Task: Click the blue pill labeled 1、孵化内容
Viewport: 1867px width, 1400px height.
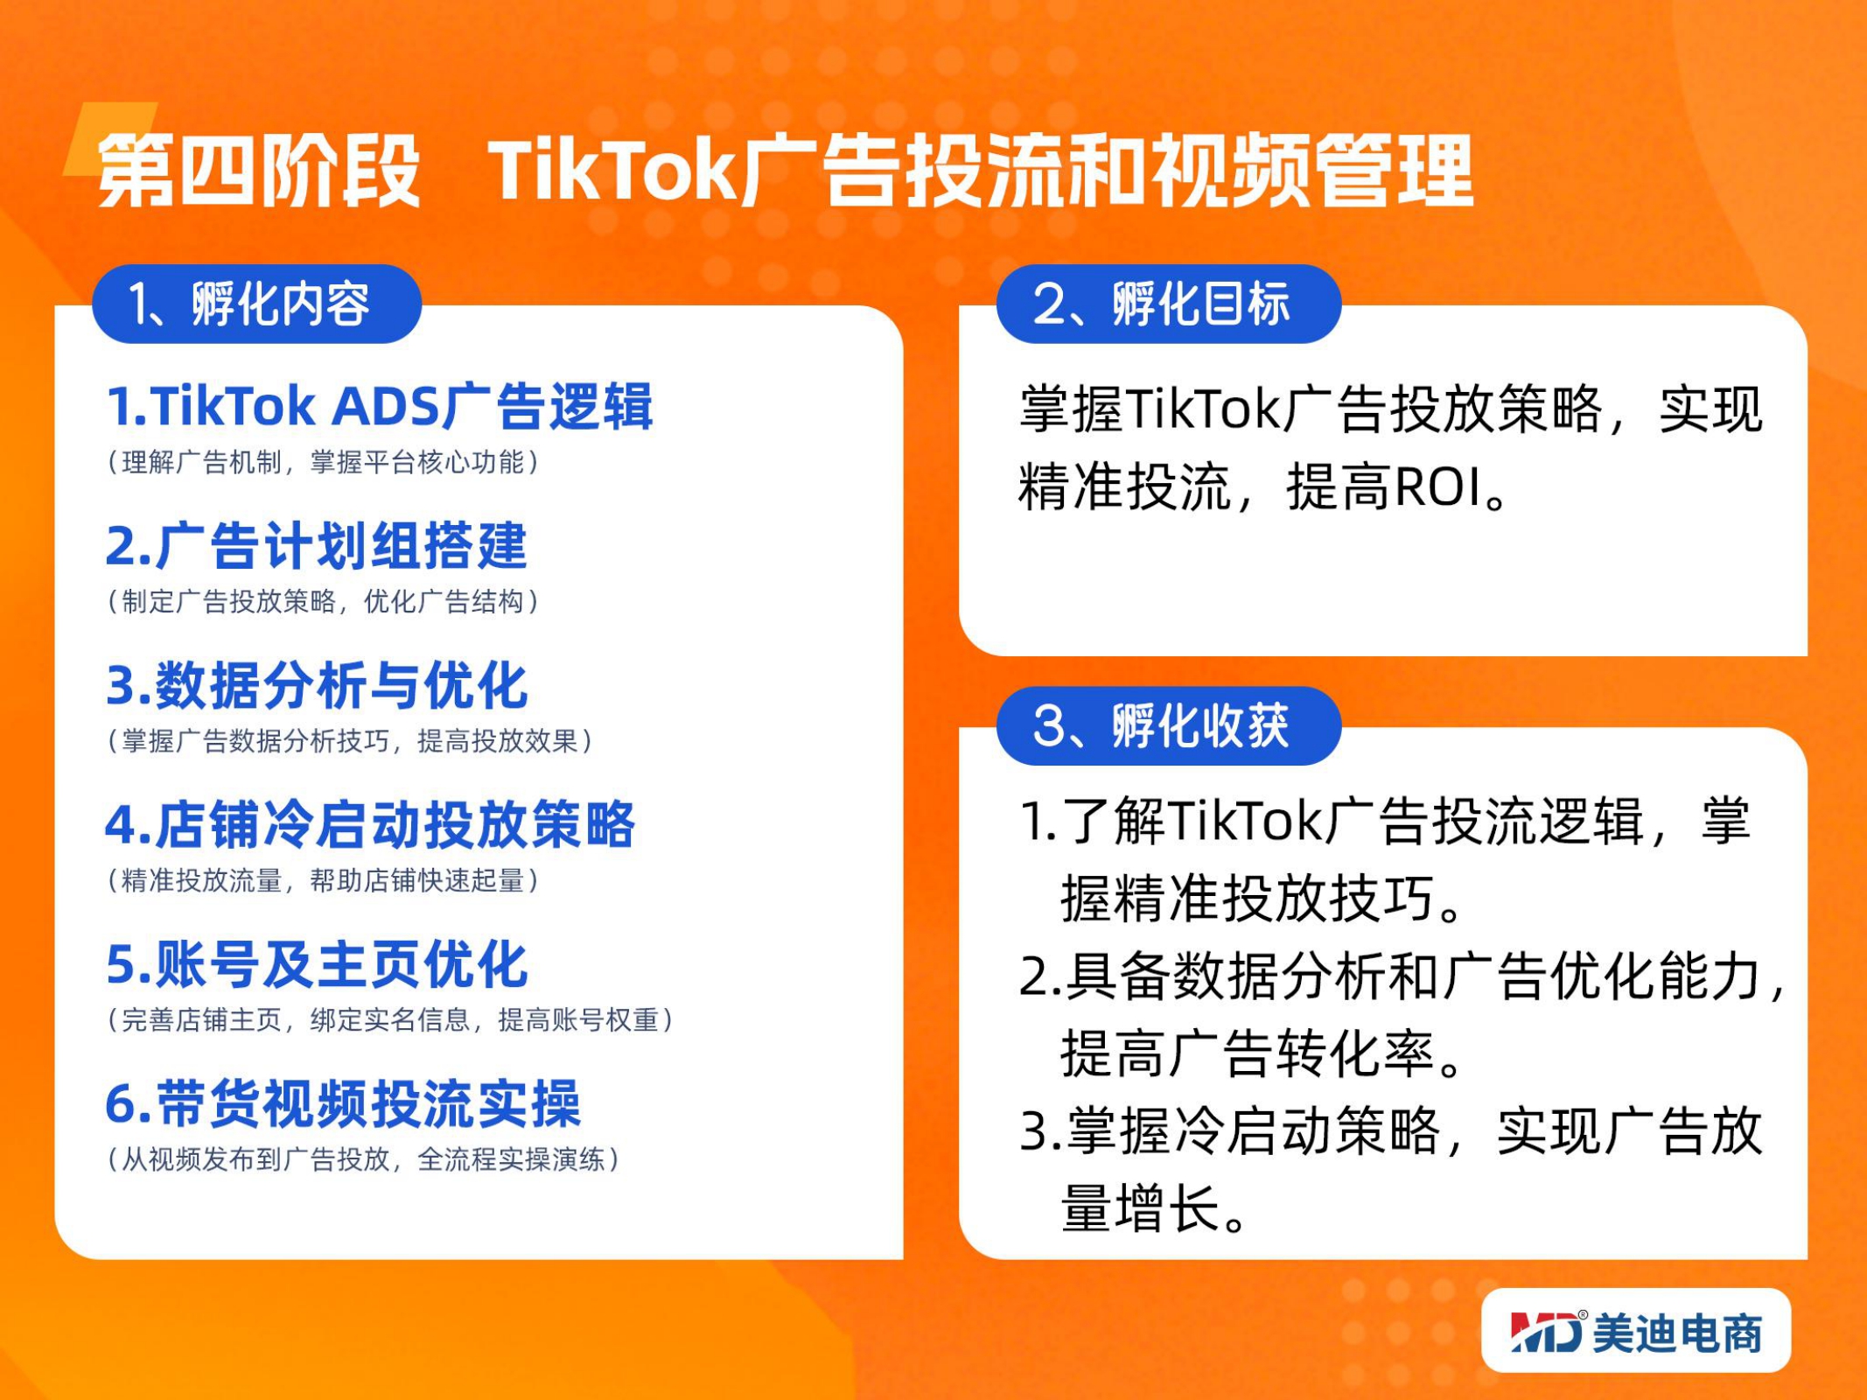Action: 256,304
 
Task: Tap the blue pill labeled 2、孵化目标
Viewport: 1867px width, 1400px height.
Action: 1168,304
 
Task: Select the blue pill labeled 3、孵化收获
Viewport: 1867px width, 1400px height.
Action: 1168,725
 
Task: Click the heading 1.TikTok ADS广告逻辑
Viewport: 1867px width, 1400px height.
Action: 379,406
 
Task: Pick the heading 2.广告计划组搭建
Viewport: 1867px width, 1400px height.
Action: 316,545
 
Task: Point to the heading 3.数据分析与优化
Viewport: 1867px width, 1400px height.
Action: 317,685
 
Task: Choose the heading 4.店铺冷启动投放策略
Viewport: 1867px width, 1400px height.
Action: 370,824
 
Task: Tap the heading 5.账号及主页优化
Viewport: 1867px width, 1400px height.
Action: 317,964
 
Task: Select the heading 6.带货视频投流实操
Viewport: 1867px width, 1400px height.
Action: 343,1103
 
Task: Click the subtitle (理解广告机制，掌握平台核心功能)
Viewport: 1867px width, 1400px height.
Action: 323,462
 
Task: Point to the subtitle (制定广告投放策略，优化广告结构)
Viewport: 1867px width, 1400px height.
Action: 323,602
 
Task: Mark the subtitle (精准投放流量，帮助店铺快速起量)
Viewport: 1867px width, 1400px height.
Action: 323,880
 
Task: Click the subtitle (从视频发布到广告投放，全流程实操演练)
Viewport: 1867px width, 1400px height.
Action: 363,1159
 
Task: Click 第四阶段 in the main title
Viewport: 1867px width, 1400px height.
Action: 259,171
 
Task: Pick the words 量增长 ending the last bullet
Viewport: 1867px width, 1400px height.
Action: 1140,1208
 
